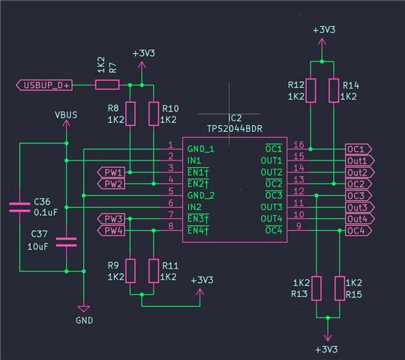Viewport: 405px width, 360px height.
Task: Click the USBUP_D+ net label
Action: [x=44, y=85]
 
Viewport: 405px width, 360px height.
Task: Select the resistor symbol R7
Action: [x=107, y=85]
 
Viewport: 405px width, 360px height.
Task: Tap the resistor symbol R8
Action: [x=130, y=114]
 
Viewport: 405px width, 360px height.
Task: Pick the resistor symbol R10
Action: [x=154, y=114]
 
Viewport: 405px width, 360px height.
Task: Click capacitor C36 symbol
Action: [x=19, y=207]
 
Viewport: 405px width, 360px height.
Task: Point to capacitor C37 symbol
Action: [x=67, y=242]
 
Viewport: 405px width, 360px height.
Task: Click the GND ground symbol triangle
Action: [x=84, y=309]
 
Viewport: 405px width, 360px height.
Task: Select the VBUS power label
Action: [x=66, y=115]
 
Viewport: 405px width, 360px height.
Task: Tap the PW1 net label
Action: [x=111, y=172]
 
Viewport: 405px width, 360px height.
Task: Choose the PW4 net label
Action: [x=111, y=230]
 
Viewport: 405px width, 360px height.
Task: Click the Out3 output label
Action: [x=360, y=207]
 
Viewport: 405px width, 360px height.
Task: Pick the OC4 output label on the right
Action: [x=358, y=230]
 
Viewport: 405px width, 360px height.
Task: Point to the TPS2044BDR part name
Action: [x=235, y=128]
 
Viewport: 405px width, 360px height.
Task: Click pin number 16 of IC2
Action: [x=298, y=145]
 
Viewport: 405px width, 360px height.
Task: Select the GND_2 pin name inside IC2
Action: [x=201, y=196]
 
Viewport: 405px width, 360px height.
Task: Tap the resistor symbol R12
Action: [x=310, y=91]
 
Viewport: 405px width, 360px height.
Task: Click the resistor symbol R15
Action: [x=340, y=289]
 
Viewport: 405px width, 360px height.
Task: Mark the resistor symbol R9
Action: [x=130, y=271]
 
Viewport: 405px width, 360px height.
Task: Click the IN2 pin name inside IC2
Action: [x=194, y=207]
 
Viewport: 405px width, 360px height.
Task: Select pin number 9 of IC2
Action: [x=298, y=226]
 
